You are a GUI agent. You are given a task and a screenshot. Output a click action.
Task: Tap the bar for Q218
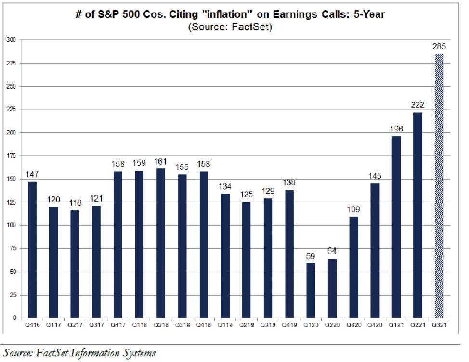pyautogui.click(x=160, y=243)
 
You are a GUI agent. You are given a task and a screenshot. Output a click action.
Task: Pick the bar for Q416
pyautogui.click(x=32, y=249)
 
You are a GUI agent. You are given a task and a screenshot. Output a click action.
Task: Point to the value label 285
pyautogui.click(x=439, y=47)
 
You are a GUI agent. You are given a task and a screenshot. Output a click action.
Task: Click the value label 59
pyautogui.click(x=310, y=256)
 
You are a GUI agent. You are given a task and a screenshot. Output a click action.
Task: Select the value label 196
pyautogui.click(x=396, y=129)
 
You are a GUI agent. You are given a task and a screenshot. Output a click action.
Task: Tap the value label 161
pyautogui.click(x=160, y=161)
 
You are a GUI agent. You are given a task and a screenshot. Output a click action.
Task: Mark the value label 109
pyautogui.click(x=353, y=209)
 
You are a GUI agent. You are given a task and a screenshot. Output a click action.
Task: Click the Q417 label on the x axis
pyautogui.click(x=117, y=326)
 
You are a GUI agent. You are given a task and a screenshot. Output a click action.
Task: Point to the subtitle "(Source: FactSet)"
pyautogui.click(x=229, y=27)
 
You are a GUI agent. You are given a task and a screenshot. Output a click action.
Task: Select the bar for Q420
pyautogui.click(x=375, y=250)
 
